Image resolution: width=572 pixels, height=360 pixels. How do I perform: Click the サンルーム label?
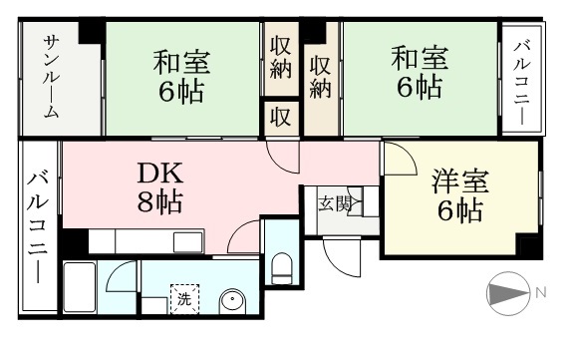(x=51, y=77)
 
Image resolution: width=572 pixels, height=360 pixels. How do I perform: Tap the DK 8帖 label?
(x=160, y=187)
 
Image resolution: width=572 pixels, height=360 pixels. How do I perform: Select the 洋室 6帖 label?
(x=460, y=196)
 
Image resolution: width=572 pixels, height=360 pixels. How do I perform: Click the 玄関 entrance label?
(x=335, y=203)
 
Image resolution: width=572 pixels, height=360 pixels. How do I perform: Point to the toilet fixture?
(x=282, y=268)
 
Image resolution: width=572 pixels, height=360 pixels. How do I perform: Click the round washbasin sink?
(x=233, y=302)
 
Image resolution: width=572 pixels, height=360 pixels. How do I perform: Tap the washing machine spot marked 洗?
(x=185, y=299)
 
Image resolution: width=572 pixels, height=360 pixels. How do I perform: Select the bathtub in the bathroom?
(x=80, y=287)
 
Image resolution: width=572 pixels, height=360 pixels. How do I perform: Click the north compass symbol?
(x=508, y=293)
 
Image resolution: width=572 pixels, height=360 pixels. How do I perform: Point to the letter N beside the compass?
(x=541, y=292)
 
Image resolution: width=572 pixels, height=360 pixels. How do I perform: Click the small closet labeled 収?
(x=281, y=118)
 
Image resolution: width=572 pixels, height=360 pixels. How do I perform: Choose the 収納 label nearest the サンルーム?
(x=281, y=61)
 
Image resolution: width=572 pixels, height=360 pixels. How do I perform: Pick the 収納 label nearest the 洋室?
(x=320, y=78)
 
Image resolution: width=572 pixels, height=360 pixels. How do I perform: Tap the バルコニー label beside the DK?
(x=38, y=226)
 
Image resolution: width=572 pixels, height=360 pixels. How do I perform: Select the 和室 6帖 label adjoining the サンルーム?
(x=181, y=77)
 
